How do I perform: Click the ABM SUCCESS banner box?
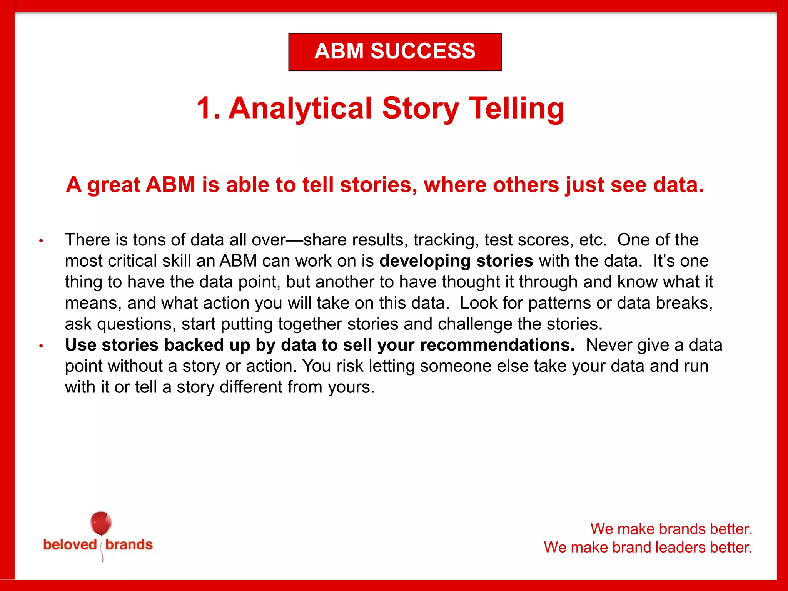pyautogui.click(x=395, y=52)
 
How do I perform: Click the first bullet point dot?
pyautogui.click(x=41, y=241)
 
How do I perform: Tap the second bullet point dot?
pyautogui.click(x=41, y=346)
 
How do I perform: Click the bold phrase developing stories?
pyautogui.click(x=456, y=261)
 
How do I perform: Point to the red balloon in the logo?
pyautogui.click(x=101, y=523)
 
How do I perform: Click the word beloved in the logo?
pyautogui.click(x=70, y=544)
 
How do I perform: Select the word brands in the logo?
pyautogui.click(x=129, y=544)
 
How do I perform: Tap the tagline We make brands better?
pyautogui.click(x=671, y=529)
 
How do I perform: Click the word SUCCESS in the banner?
pyautogui.click(x=423, y=51)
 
